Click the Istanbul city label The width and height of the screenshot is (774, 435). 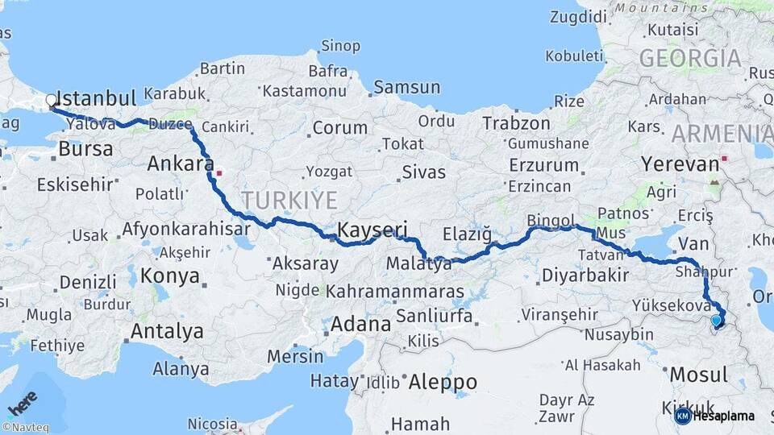[98, 99]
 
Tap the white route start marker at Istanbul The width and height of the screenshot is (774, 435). [52, 101]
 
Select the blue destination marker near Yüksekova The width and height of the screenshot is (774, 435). [716, 321]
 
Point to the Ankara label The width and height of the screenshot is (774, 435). [181, 164]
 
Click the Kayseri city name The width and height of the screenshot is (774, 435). [372, 230]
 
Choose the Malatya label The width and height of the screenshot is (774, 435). [418, 263]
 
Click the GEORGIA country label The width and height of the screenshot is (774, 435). [690, 58]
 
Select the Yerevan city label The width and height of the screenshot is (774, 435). [680, 164]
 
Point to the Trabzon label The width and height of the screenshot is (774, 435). [516, 123]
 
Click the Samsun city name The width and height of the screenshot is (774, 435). [407, 87]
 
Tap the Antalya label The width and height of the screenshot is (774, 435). [167, 331]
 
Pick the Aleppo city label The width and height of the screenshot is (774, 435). [443, 381]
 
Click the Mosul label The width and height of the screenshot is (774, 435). [698, 375]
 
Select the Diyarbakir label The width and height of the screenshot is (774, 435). [585, 275]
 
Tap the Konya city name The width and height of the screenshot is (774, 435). [170, 276]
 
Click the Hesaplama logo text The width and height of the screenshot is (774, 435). [723, 416]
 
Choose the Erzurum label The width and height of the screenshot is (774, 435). [544, 165]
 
